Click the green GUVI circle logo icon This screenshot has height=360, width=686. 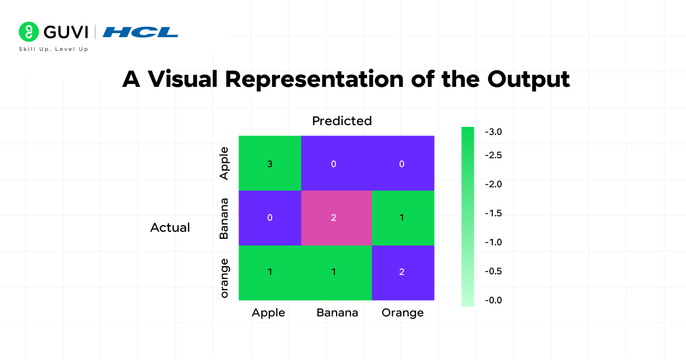coord(29,31)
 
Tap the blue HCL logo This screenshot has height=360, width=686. coord(140,32)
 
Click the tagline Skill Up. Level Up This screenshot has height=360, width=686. coord(54,49)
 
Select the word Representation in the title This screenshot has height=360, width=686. coord(314,79)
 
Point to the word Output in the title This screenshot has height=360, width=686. coord(529,79)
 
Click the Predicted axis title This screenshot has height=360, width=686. coord(342,121)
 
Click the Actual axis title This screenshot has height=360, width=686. coord(170,228)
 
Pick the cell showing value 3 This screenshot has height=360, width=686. coord(270,163)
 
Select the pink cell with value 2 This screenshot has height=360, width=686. coord(337,218)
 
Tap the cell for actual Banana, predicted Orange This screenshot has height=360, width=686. coord(403,218)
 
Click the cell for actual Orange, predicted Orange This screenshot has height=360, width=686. coord(403,273)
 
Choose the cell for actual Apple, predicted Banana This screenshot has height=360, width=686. coord(337,163)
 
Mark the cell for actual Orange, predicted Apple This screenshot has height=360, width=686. coord(270,273)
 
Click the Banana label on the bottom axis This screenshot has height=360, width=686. coord(337,313)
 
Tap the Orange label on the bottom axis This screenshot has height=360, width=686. coord(402,313)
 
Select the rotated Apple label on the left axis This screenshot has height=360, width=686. coord(225,163)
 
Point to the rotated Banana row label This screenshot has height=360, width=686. coord(224,218)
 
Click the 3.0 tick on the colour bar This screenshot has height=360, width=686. coord(493,132)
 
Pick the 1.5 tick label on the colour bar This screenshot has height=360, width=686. coord(493,213)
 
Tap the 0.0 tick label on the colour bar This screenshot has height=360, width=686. coord(493,300)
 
